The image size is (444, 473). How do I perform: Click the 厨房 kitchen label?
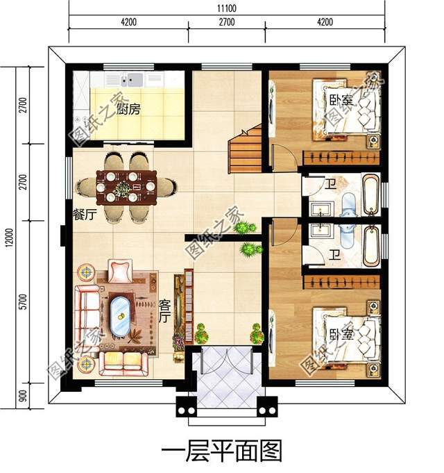(x=129, y=109)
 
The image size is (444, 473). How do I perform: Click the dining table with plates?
(x=126, y=186)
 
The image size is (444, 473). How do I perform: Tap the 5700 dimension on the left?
(x=23, y=302)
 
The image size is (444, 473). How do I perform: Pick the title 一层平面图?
(x=222, y=451)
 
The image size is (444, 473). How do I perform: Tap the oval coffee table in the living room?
(x=121, y=317)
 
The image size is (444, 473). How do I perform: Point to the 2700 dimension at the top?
(x=226, y=22)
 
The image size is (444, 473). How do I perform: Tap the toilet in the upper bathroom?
(x=349, y=202)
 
